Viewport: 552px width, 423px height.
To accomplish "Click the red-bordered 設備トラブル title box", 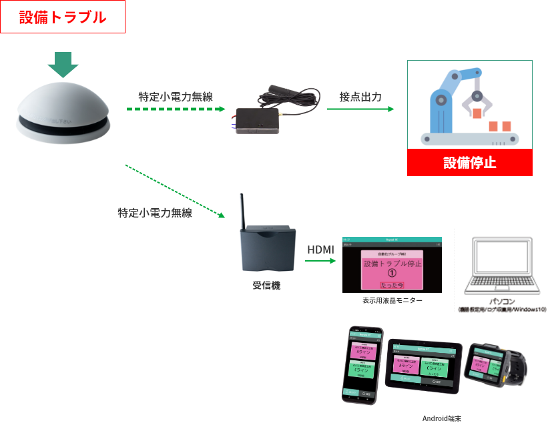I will pyautogui.click(x=63, y=17).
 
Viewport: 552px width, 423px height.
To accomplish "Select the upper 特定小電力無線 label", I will pyautogui.click(x=175, y=97).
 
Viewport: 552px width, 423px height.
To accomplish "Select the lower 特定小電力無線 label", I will pyautogui.click(x=154, y=214).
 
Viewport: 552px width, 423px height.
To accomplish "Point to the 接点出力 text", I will pyautogui.click(x=360, y=97).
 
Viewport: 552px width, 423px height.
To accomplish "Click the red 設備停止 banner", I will pyautogui.click(x=469, y=162).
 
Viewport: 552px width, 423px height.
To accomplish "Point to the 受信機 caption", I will pyautogui.click(x=266, y=286).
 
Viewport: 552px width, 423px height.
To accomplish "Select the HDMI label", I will pyautogui.click(x=320, y=250).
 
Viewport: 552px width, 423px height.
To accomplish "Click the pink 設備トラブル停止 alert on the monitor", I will pyautogui.click(x=392, y=270).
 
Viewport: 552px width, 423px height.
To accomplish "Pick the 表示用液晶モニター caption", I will pyautogui.click(x=392, y=301).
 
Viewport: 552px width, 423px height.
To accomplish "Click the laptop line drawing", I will pyautogui.click(x=503, y=257).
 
